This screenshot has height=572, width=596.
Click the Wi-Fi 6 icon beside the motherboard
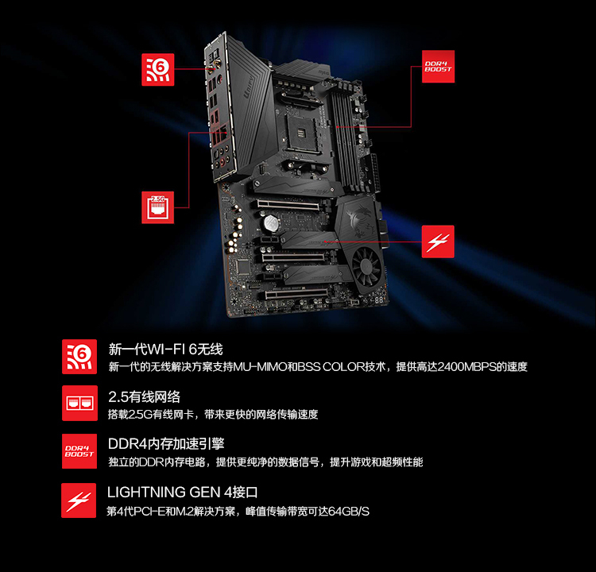pos(158,70)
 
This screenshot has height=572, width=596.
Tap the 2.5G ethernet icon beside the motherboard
pos(158,207)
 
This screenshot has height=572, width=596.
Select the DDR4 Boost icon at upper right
pos(438,67)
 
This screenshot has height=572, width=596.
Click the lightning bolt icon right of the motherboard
pos(438,242)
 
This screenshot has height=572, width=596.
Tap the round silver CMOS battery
pos(271,222)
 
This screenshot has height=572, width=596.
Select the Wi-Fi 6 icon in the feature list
pos(79,357)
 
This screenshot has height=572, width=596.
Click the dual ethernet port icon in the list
pos(79,404)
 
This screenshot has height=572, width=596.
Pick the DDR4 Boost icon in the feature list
pos(79,451)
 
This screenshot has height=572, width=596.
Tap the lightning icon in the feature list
pos(79,500)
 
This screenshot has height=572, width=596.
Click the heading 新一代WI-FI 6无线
pos(165,349)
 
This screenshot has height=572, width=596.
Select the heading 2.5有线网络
pos(144,396)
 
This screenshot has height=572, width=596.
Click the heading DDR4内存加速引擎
pos(166,443)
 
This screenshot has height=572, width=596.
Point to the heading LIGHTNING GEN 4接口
pos(183,493)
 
